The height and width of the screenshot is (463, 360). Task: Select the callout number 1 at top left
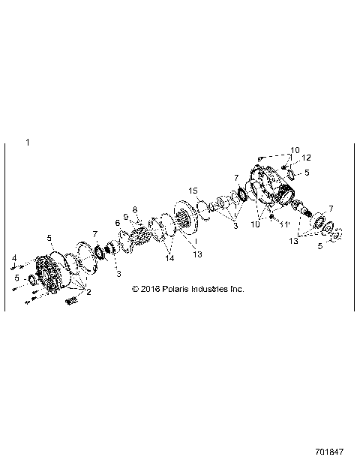[x=28, y=142]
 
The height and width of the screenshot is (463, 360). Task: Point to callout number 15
[x=193, y=190]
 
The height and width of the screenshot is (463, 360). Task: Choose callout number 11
[x=286, y=224]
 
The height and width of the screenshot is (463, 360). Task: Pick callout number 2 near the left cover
[x=88, y=292]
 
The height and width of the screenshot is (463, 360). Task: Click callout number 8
[x=135, y=209]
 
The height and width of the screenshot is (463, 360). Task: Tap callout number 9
[x=126, y=217]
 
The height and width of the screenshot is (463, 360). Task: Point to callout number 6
[x=117, y=223]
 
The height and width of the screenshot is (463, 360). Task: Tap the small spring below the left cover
[x=72, y=302]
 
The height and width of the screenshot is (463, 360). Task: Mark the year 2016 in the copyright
[x=150, y=288]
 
